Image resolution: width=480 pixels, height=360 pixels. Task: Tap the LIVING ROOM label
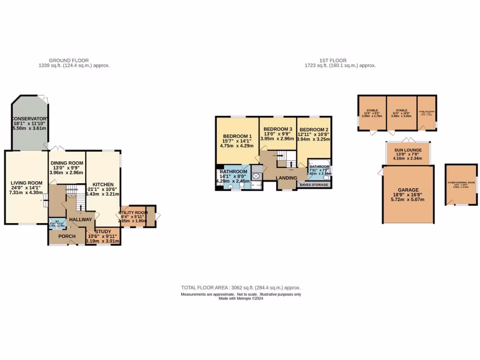[26, 183]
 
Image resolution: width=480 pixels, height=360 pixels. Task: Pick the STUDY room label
[104, 232]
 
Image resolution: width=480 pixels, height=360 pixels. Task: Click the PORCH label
[67, 236]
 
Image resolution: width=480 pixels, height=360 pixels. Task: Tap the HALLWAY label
[81, 220]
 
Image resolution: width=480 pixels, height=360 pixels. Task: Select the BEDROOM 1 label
[237, 136]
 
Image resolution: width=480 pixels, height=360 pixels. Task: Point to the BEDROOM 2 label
[313, 129]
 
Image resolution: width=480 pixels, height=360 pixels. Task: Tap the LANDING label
[286, 178]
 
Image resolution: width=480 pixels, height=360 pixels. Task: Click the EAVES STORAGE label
[315, 185]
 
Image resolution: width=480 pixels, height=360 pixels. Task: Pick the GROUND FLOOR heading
[69, 60]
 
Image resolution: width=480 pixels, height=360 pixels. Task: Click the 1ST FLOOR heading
[333, 60]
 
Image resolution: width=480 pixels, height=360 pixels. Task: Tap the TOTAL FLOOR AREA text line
[241, 288]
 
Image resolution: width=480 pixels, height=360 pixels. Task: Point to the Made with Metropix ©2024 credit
[241, 299]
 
